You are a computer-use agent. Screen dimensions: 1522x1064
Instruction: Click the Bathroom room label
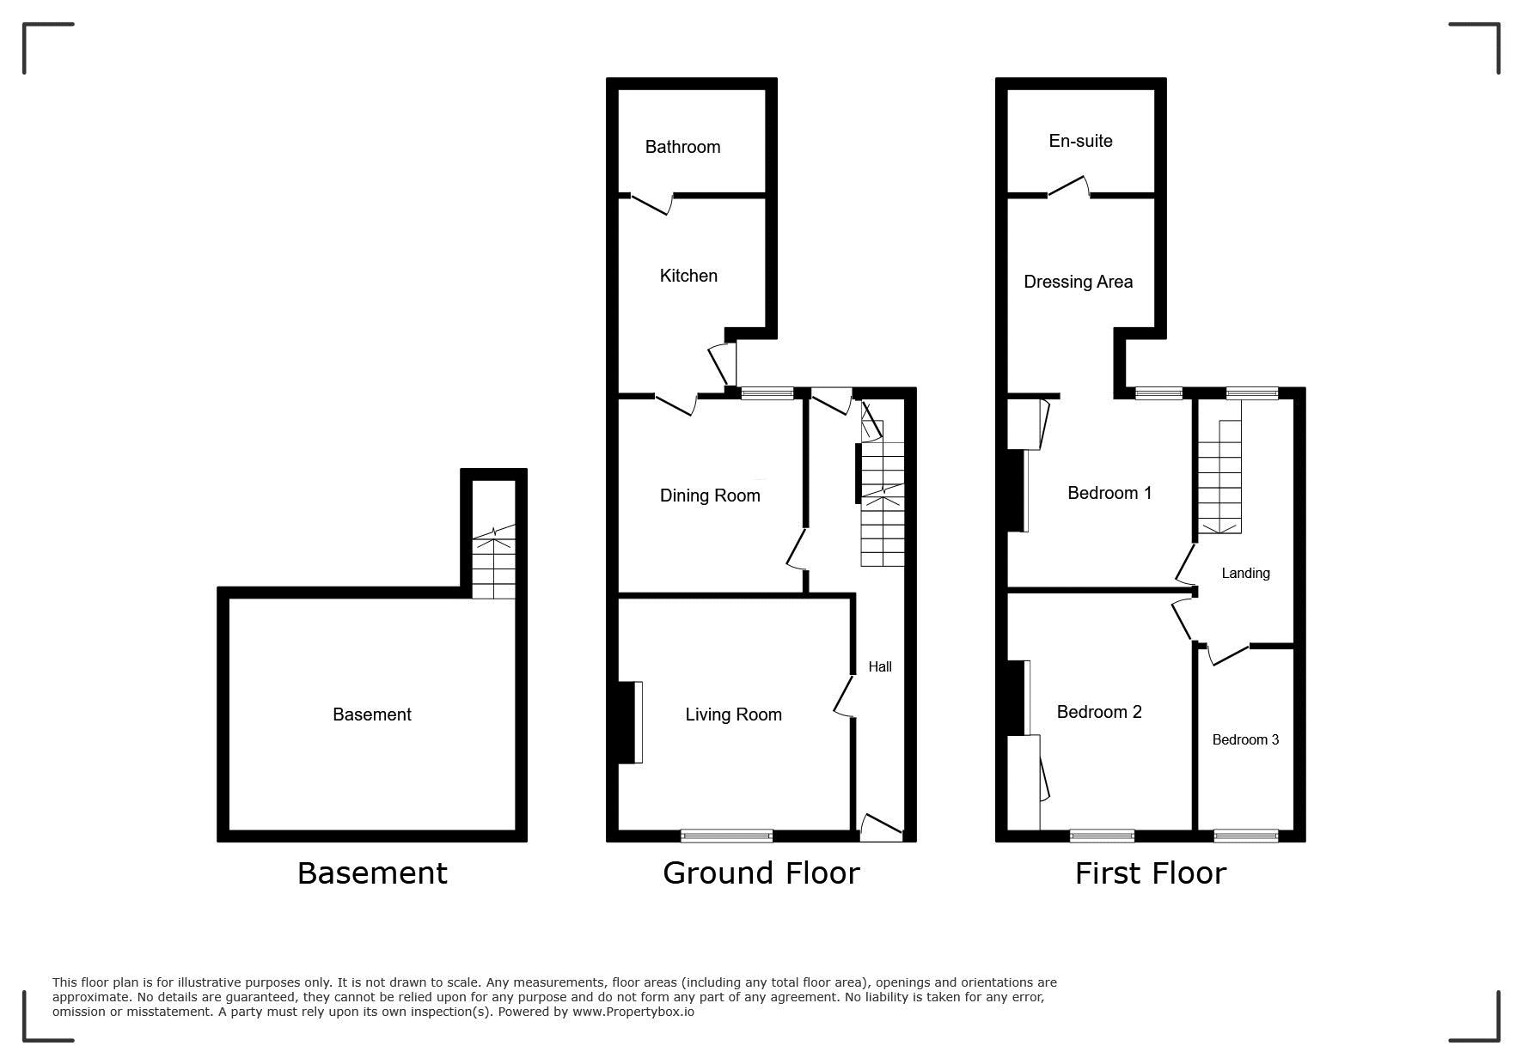click(682, 147)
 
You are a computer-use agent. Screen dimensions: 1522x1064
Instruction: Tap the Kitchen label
click(688, 276)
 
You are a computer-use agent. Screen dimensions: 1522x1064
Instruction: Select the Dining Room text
click(710, 496)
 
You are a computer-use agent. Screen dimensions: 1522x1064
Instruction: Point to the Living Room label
click(733, 714)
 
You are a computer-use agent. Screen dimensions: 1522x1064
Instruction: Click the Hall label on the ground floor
click(880, 666)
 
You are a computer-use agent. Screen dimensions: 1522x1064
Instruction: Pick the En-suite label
click(1080, 141)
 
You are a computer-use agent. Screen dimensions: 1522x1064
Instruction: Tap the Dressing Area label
click(1078, 282)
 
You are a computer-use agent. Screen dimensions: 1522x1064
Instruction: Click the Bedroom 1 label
click(1109, 493)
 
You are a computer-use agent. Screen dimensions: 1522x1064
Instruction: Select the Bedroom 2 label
click(1099, 712)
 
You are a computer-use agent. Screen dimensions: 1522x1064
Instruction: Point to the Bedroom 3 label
click(1245, 739)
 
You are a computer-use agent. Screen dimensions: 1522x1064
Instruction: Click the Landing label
click(1245, 573)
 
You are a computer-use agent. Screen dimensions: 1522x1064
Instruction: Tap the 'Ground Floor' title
click(761, 873)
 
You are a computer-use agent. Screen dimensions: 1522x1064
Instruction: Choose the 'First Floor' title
click(1150, 873)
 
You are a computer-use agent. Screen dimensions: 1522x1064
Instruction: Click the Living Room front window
click(727, 836)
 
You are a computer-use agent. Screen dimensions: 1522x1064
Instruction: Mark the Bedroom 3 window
click(1246, 836)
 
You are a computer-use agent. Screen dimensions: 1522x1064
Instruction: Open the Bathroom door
click(651, 204)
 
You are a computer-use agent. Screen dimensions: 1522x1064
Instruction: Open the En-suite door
click(1068, 187)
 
